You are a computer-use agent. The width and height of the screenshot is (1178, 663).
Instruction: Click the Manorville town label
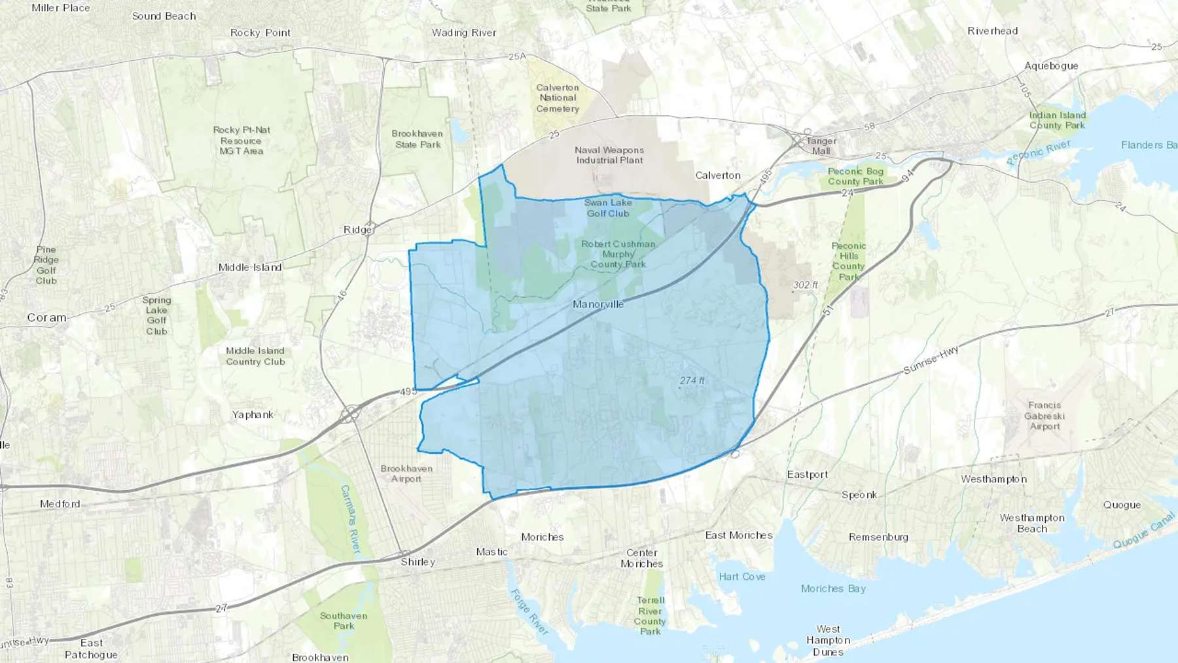[598, 304]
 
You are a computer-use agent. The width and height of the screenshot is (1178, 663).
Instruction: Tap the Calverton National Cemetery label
[558, 98]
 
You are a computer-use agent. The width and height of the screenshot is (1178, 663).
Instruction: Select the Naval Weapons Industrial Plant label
[609, 155]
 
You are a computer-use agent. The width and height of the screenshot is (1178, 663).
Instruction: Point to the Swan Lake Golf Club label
[608, 208]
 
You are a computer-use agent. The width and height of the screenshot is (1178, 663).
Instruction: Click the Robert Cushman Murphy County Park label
[618, 254]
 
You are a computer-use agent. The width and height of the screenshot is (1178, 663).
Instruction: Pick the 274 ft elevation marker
[692, 381]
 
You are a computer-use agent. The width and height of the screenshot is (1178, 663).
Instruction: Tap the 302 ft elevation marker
[805, 285]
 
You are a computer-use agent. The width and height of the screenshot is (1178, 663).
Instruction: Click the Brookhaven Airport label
[406, 474]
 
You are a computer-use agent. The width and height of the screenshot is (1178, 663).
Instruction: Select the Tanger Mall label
[821, 146]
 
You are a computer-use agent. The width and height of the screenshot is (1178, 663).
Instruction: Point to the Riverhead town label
[993, 31]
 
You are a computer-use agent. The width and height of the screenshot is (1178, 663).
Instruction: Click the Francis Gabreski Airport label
[1044, 416]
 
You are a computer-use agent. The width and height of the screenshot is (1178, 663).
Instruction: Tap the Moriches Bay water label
[833, 588]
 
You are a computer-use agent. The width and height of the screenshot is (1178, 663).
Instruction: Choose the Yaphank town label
[253, 414]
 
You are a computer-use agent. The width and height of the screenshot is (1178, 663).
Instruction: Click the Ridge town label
[357, 230]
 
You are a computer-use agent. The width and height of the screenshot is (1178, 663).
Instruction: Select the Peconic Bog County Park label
[855, 176]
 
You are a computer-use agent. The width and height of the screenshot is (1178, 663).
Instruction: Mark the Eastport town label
[808, 475]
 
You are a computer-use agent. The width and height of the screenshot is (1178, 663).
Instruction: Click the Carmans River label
[350, 519]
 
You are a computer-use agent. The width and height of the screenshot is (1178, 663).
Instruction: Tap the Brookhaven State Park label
[418, 139]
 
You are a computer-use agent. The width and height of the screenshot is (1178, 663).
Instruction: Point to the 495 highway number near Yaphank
[408, 391]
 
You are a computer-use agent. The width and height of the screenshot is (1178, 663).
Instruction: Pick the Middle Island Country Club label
[255, 356]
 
